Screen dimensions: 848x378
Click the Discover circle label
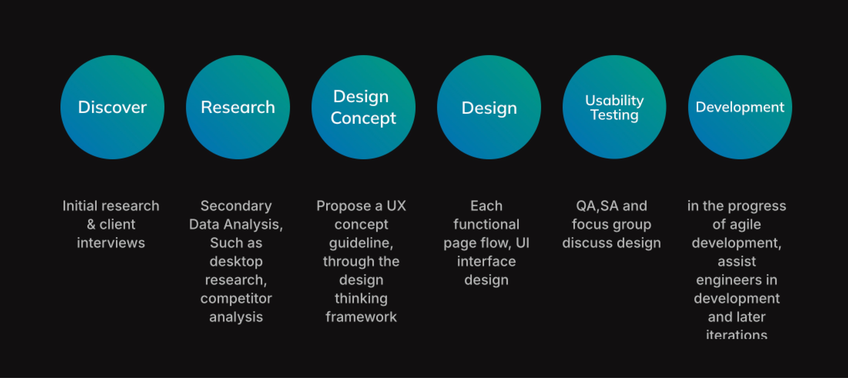112,107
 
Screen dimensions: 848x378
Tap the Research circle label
238,107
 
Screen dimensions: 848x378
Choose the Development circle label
740,107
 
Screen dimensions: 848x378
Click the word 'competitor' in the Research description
236,299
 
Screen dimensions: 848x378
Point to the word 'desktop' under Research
236,262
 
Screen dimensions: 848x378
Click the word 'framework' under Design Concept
361,317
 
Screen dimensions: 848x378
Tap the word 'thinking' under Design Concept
361,299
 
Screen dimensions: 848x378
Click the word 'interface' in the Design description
486,262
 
